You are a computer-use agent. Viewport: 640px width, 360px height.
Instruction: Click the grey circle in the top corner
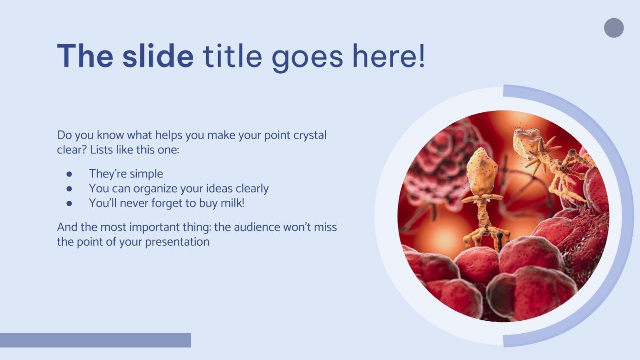[x=614, y=28]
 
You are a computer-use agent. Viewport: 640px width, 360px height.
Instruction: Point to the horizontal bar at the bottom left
[x=95, y=340]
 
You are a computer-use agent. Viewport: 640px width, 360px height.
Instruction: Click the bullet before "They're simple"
[x=69, y=174]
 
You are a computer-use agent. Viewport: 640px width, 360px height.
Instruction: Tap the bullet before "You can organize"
[x=69, y=188]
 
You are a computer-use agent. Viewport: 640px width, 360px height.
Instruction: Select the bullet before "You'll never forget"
[x=69, y=203]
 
